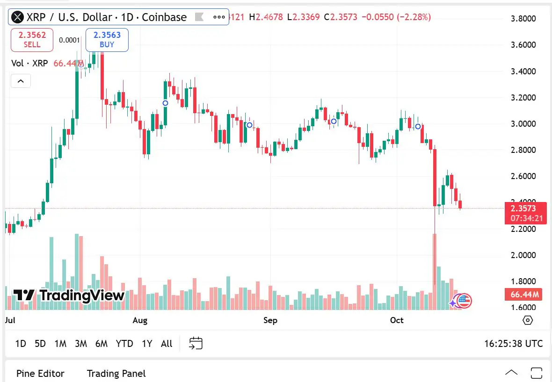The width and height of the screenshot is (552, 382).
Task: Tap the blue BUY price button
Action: [107, 39]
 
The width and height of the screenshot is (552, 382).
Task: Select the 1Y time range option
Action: [147, 344]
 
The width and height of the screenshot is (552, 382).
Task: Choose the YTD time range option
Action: [124, 344]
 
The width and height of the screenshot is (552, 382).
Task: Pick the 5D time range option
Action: [40, 344]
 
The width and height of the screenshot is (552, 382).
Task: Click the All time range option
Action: [167, 344]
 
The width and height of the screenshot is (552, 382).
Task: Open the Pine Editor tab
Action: [40, 374]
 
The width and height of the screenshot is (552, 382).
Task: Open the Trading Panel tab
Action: [116, 374]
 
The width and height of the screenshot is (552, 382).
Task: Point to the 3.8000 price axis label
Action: [523, 19]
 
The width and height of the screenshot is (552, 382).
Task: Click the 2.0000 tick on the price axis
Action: [523, 255]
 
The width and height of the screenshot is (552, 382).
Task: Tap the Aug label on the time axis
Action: [140, 320]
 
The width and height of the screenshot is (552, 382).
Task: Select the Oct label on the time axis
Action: [397, 320]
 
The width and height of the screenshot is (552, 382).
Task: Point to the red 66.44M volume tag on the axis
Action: [523, 295]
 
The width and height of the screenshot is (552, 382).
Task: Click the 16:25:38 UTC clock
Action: [513, 344]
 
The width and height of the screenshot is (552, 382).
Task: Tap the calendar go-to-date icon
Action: [196, 344]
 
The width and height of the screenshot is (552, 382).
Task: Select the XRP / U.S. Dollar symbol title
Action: [106, 17]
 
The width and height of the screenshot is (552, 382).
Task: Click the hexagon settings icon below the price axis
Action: [528, 320]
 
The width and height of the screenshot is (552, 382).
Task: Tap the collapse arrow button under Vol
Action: [21, 81]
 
